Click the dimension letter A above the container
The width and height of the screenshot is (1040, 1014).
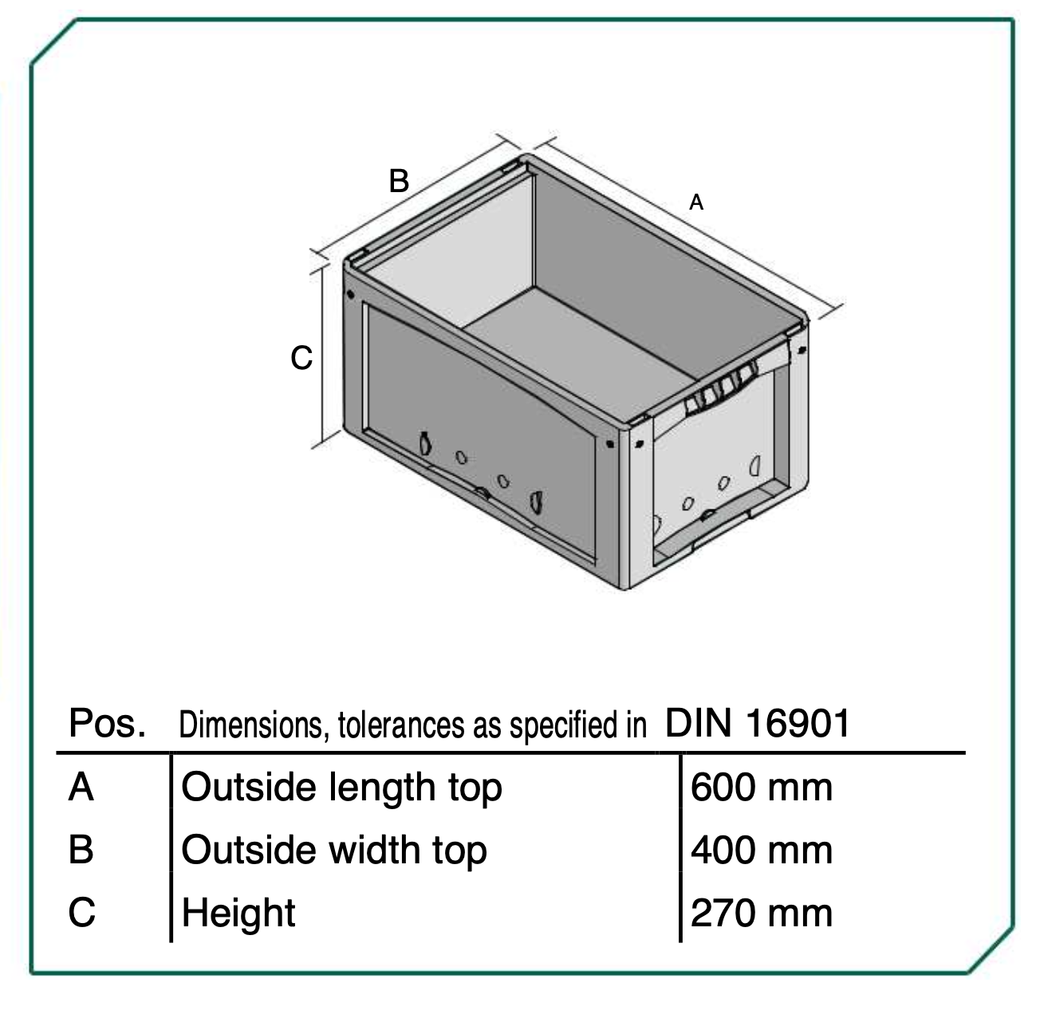(695, 202)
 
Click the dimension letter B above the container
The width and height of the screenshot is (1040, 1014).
(399, 181)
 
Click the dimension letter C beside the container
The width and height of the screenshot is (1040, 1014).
(301, 358)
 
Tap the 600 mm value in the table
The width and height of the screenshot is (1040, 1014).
(761, 788)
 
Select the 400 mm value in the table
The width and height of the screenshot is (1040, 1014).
(761, 850)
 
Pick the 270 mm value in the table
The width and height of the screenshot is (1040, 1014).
(761, 913)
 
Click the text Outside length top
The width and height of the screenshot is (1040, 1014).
(341, 789)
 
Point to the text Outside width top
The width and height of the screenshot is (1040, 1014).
(334, 851)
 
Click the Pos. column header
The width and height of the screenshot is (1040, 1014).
(107, 723)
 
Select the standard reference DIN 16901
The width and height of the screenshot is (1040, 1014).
(757, 723)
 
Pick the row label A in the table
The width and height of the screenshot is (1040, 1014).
(81, 788)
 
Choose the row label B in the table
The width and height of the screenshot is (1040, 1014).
(81, 850)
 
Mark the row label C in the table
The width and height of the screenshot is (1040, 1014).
(82, 913)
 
